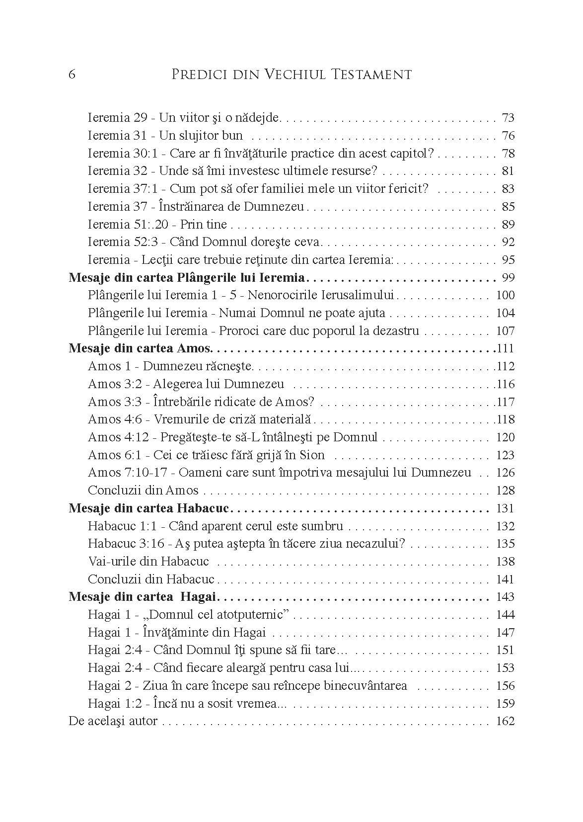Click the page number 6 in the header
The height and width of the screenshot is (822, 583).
[x=72, y=75]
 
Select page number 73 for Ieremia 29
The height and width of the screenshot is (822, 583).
[x=508, y=118]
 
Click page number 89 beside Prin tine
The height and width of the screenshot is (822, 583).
[x=508, y=225]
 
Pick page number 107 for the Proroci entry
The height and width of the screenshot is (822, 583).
[x=506, y=331]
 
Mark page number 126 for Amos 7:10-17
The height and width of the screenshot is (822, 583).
[x=506, y=473]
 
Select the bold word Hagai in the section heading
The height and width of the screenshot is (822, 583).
[x=201, y=597]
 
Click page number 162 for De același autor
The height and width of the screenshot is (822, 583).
[x=506, y=722]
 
